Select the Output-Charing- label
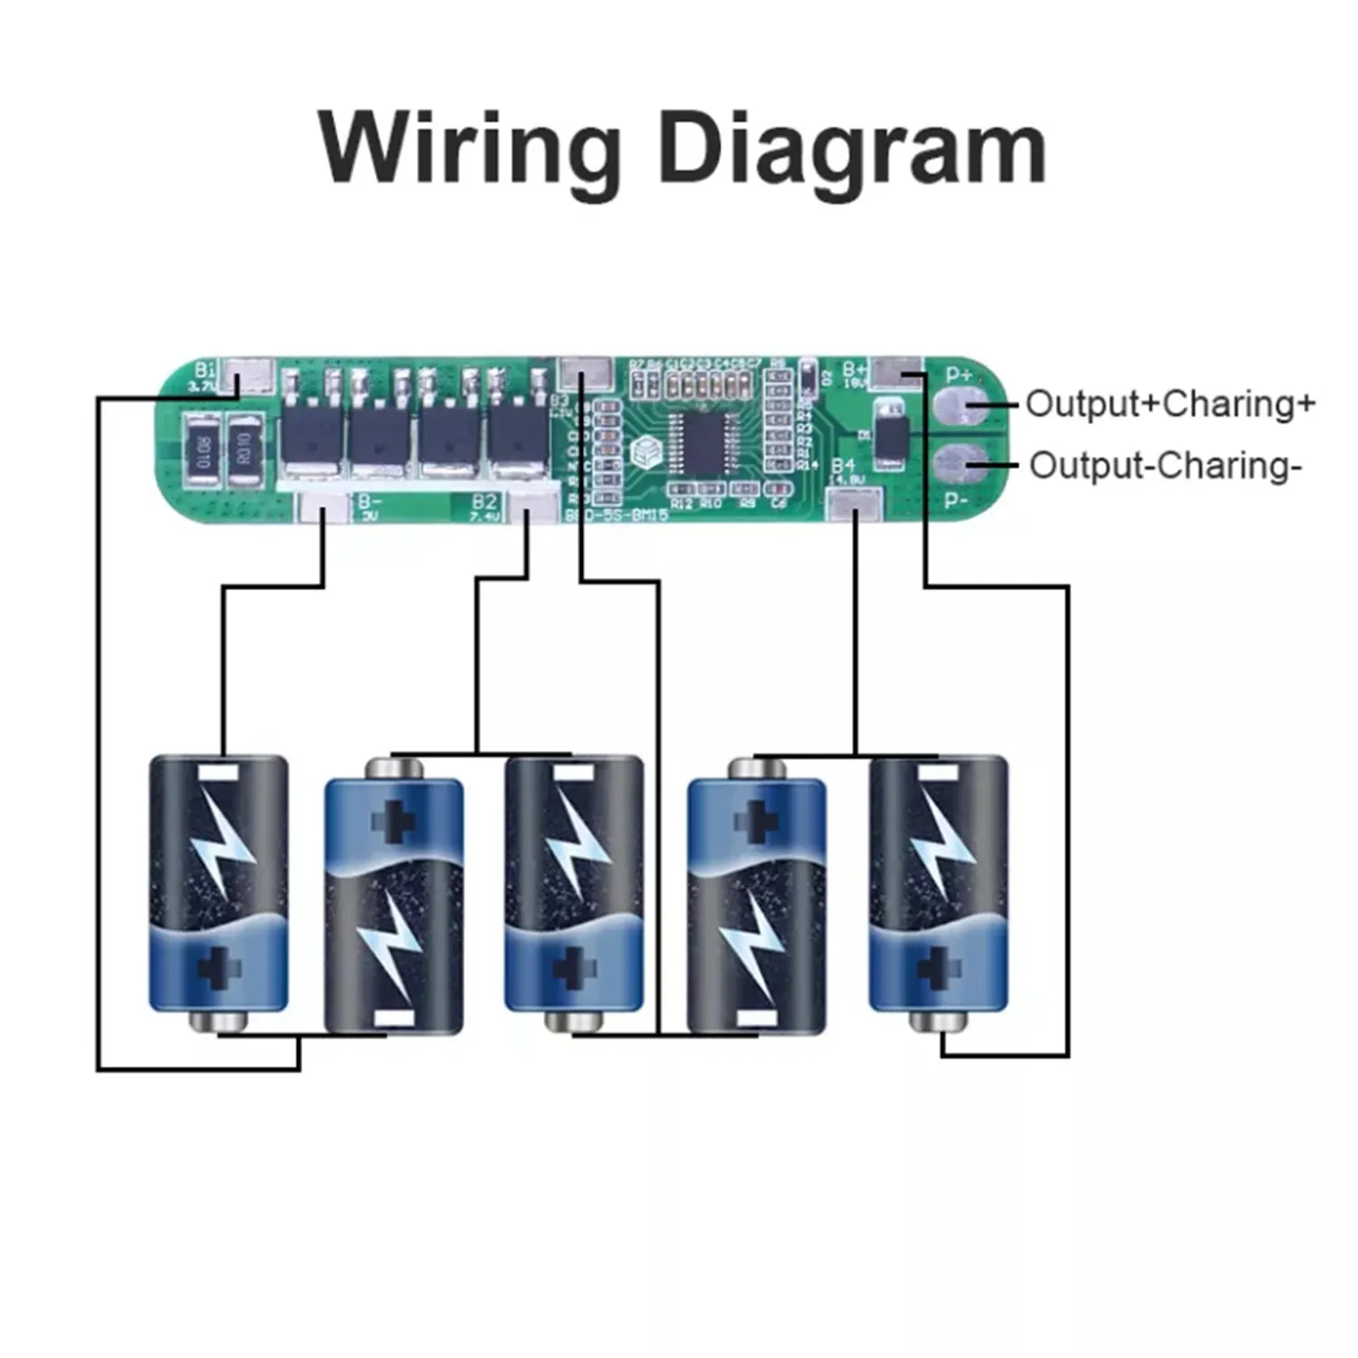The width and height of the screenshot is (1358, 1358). [1165, 465]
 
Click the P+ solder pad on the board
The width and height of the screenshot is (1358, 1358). [960, 406]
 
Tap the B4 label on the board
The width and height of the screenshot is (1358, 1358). [843, 465]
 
